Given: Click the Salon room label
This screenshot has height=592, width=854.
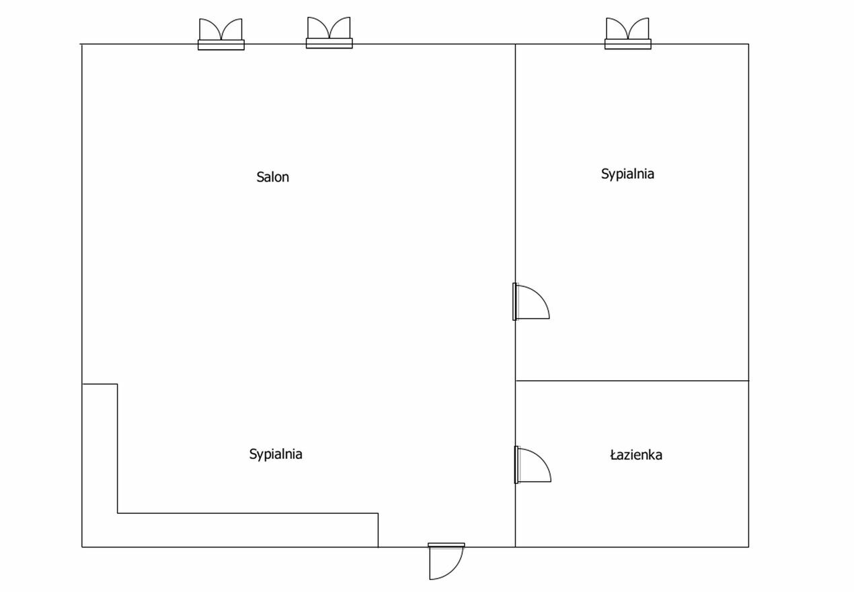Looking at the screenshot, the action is (x=272, y=177).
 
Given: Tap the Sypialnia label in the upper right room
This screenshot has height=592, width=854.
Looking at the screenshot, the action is (x=627, y=174).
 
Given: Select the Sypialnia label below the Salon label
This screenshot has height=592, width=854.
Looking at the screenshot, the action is (x=276, y=454).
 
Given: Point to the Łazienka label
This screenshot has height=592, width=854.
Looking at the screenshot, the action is (x=636, y=455).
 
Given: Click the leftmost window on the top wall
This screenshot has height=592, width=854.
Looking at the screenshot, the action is (x=221, y=34).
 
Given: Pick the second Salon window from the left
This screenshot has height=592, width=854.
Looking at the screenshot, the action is (x=329, y=33).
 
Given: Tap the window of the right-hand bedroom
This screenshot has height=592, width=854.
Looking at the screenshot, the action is (x=628, y=34).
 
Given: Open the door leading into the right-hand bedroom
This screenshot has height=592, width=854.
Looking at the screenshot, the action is (x=531, y=302).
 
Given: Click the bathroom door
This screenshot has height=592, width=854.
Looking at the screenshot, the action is (x=533, y=465).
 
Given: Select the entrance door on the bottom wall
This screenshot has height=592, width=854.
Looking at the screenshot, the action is (x=446, y=561).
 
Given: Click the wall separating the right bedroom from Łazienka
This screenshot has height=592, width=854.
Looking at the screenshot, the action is (x=632, y=381).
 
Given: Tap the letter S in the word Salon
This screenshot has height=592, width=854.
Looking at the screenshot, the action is (x=260, y=177).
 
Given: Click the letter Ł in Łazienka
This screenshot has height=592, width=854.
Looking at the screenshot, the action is (x=614, y=455).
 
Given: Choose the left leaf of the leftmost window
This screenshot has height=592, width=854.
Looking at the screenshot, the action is (x=210, y=29).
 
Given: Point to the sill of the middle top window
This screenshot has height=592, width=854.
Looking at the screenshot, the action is (x=329, y=43).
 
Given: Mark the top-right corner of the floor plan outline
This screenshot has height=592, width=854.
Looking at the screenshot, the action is (x=749, y=44).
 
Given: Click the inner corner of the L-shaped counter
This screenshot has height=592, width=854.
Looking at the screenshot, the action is (x=118, y=513).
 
